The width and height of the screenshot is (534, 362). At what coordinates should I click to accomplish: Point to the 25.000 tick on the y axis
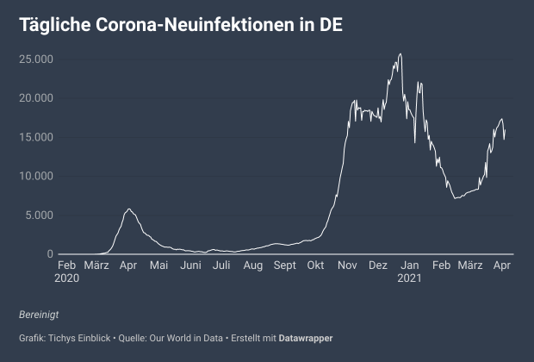36,59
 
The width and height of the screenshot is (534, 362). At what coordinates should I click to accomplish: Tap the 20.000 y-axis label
36,98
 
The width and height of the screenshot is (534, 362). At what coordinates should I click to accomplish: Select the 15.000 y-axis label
36,137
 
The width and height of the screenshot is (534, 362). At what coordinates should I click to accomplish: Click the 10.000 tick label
36,176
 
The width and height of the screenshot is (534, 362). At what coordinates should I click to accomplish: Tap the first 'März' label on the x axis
97,265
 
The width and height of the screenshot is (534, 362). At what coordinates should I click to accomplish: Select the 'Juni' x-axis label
190,265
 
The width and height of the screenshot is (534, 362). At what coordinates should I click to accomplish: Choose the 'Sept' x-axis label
285,265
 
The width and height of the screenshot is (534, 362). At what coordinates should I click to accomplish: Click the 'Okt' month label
317,265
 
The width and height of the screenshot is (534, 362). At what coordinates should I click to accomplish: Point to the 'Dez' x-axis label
378,265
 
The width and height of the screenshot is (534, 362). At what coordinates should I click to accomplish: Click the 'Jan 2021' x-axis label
410,271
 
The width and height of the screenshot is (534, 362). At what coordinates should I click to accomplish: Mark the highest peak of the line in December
400,54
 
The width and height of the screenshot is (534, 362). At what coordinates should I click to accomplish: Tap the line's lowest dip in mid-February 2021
455,199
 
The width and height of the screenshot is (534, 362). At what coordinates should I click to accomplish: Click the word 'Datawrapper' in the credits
306,337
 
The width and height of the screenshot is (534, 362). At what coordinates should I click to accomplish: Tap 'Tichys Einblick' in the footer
74,337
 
